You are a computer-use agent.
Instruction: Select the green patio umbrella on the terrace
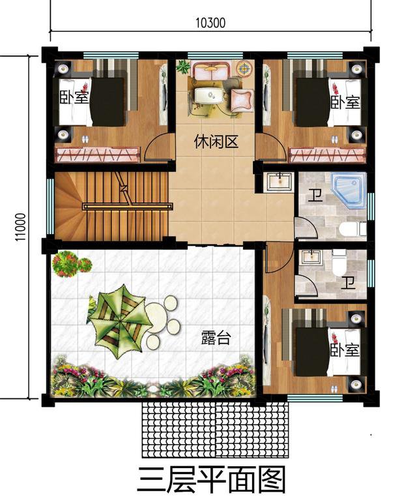click(x=117, y=317)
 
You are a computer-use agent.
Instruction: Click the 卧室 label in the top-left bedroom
click(x=74, y=98)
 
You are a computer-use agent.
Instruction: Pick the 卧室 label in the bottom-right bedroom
click(x=344, y=350)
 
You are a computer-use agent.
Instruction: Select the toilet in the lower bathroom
click(x=339, y=265)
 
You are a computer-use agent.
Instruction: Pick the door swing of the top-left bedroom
click(x=158, y=148)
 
